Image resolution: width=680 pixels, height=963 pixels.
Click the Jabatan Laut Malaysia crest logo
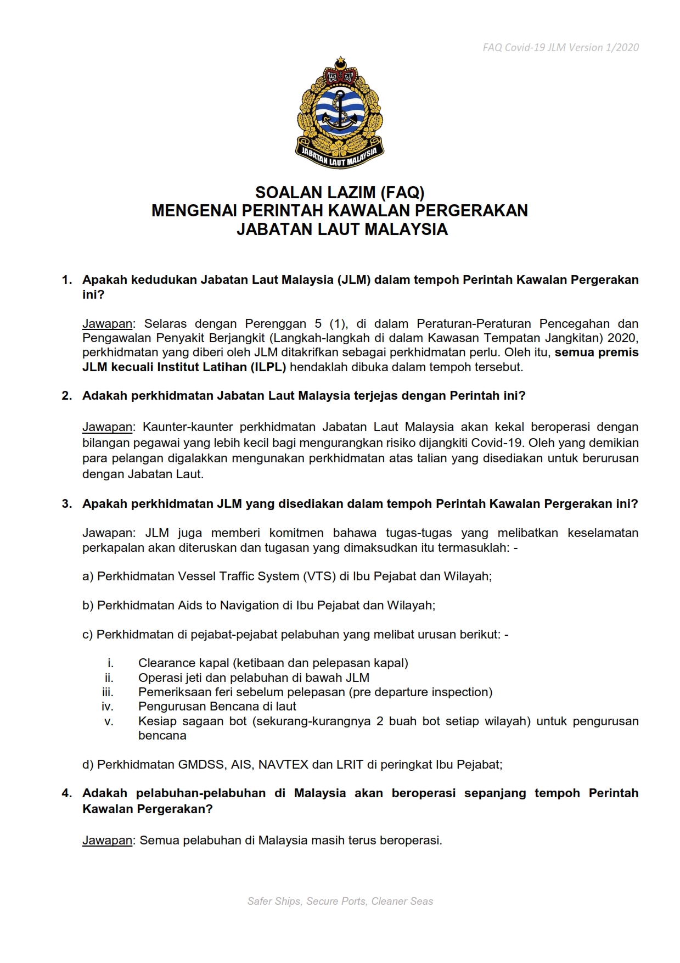[340, 113]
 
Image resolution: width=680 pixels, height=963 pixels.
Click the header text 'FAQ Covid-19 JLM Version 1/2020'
[560, 48]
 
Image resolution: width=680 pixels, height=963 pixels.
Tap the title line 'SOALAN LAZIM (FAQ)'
[340, 193]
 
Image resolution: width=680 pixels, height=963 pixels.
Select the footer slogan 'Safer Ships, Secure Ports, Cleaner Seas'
[340, 901]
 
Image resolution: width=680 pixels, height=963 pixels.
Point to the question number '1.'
[67, 280]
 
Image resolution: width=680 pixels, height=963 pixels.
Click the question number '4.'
[67, 793]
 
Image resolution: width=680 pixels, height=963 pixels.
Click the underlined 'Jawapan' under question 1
[107, 324]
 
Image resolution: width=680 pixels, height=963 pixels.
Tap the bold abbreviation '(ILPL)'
[268, 367]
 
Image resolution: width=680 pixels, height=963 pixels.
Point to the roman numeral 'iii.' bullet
[108, 692]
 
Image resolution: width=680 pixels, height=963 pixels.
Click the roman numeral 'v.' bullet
[109, 721]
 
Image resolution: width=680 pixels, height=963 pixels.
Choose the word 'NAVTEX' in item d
[283, 764]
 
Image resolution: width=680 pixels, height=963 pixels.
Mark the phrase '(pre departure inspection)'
[420, 692]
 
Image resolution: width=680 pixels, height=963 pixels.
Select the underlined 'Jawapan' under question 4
[107, 841]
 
